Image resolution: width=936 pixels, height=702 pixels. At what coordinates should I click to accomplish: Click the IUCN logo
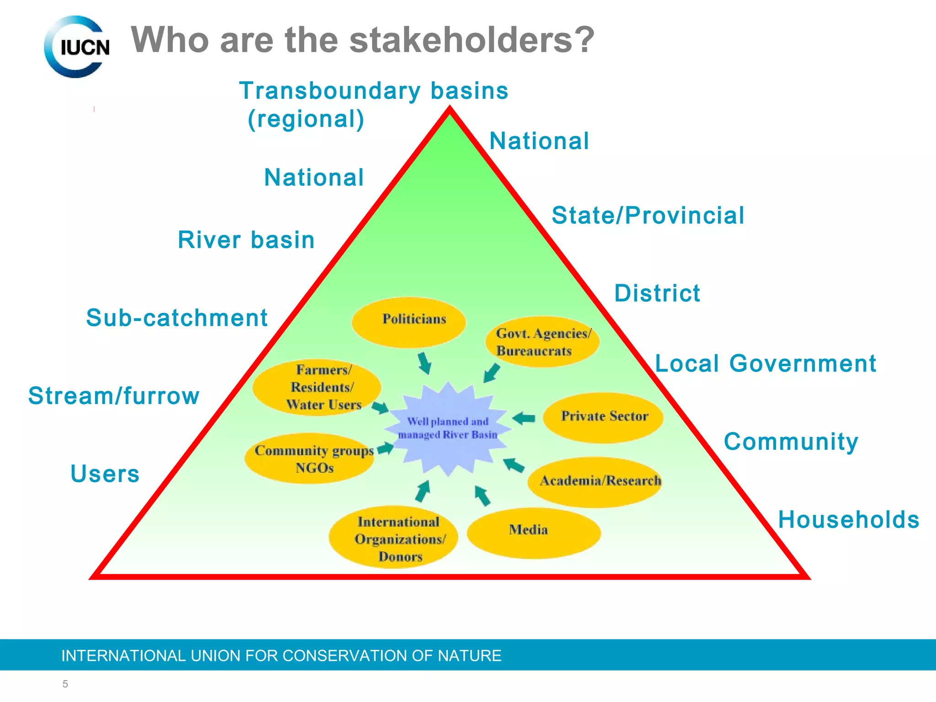coord(77,47)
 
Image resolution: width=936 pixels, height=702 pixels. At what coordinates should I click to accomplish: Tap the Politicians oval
coord(409,322)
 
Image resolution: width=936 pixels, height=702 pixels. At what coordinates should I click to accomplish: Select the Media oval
coord(533,532)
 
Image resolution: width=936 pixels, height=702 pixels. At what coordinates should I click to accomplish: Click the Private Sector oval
coord(603,417)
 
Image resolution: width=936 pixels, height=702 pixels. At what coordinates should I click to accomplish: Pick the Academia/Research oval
coord(595,482)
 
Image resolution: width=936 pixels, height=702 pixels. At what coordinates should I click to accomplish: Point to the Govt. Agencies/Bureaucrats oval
coord(542,342)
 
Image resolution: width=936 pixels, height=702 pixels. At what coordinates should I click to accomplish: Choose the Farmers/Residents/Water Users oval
coord(317,388)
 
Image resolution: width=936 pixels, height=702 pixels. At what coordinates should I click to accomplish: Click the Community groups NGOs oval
coord(310,458)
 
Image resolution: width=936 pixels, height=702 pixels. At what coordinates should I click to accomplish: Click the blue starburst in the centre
coord(447,428)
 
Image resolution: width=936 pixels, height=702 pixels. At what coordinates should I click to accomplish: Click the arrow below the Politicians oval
coord(425,363)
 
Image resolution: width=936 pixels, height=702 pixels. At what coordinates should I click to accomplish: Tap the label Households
coord(848,520)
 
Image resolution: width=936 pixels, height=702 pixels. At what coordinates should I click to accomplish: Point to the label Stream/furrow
coord(114,396)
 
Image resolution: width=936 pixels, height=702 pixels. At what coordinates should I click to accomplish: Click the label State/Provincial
coord(648,215)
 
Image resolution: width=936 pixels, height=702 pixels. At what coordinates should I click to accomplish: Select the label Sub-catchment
coord(177,318)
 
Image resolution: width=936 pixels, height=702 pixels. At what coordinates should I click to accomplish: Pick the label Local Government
coord(766,364)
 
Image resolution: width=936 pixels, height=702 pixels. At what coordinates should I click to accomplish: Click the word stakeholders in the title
coord(472,40)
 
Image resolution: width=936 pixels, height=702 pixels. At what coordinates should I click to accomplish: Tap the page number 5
coord(65,684)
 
